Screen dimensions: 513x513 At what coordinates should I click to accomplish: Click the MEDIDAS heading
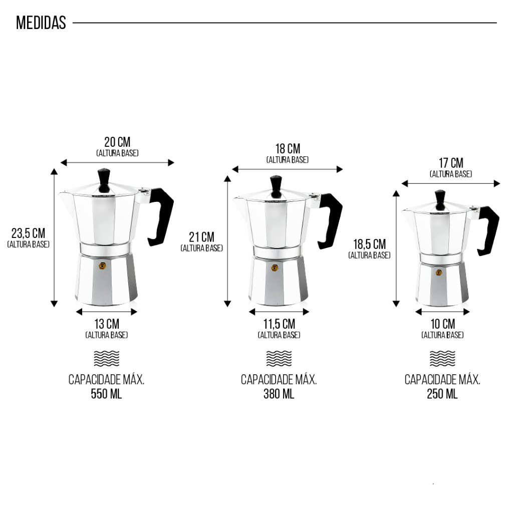pos(41,23)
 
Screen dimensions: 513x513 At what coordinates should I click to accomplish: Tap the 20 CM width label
pos(117,142)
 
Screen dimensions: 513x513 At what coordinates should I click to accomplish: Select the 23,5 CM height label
pos(29,233)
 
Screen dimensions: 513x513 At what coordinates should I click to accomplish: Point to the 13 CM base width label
pos(107,324)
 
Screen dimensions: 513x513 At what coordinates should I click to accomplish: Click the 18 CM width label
pos(288,148)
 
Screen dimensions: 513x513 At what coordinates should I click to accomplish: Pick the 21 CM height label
pos(201,237)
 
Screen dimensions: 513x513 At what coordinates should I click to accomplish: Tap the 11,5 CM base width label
pos(279,324)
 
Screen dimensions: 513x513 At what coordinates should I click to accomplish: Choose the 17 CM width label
pos(451,163)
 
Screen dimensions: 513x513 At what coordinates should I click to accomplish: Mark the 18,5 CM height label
pos(369,244)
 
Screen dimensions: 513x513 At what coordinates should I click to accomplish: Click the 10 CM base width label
pos(443,324)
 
